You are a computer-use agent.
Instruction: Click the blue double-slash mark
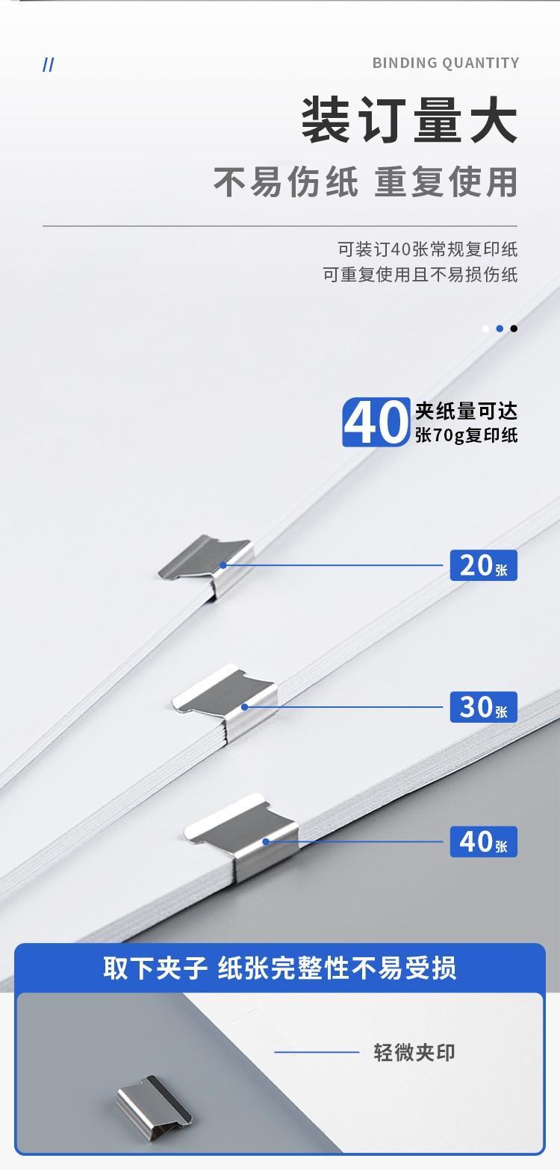click(48, 65)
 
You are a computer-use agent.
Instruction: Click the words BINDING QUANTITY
click(446, 63)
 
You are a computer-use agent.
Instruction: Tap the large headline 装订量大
click(410, 119)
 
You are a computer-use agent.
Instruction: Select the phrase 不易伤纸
click(286, 181)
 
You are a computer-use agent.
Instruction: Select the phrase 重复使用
click(446, 181)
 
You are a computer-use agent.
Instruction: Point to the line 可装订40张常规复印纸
click(427, 249)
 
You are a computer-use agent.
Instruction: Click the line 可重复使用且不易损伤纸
click(420, 274)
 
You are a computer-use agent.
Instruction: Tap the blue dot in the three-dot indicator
click(500, 329)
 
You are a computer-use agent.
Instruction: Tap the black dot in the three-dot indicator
click(514, 329)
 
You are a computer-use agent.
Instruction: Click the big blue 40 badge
click(376, 422)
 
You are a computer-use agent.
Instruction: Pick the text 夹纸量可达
click(466, 411)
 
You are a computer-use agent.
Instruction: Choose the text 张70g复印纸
click(466, 435)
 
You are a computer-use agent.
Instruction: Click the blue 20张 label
click(483, 565)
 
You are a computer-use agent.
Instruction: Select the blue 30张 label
click(483, 707)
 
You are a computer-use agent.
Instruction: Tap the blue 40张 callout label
click(483, 841)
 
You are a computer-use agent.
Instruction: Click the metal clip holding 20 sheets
click(208, 566)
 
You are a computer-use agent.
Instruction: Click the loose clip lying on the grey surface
click(154, 1102)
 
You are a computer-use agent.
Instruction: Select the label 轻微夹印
click(414, 1053)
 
